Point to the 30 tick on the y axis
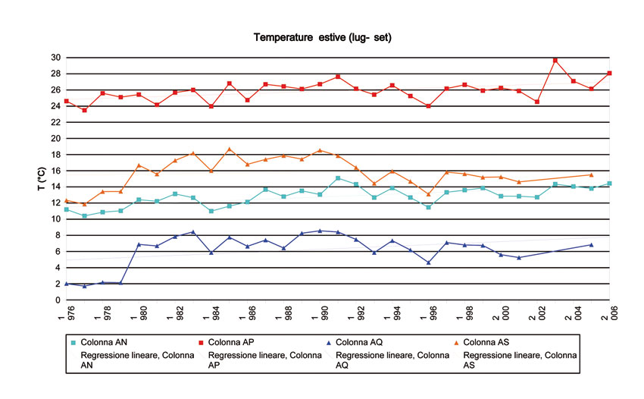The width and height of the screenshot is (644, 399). [x=56, y=58]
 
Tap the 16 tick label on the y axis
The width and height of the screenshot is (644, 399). [x=56, y=171]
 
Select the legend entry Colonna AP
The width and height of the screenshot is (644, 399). [x=236, y=342]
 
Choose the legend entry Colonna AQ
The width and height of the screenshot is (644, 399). [x=364, y=342]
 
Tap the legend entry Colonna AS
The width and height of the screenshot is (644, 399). [x=492, y=342]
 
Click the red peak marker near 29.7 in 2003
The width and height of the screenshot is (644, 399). [x=555, y=60]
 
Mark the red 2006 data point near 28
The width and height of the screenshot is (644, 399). [x=609, y=73]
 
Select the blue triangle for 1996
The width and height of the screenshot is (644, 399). [x=429, y=262]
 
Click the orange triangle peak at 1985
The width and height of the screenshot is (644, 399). [x=230, y=149]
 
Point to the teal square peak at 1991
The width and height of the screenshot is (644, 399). [x=338, y=178]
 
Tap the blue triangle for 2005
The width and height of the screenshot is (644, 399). [x=591, y=244]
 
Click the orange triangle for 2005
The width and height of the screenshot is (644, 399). [x=591, y=174]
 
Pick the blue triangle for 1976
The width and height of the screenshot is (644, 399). [x=67, y=284]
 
